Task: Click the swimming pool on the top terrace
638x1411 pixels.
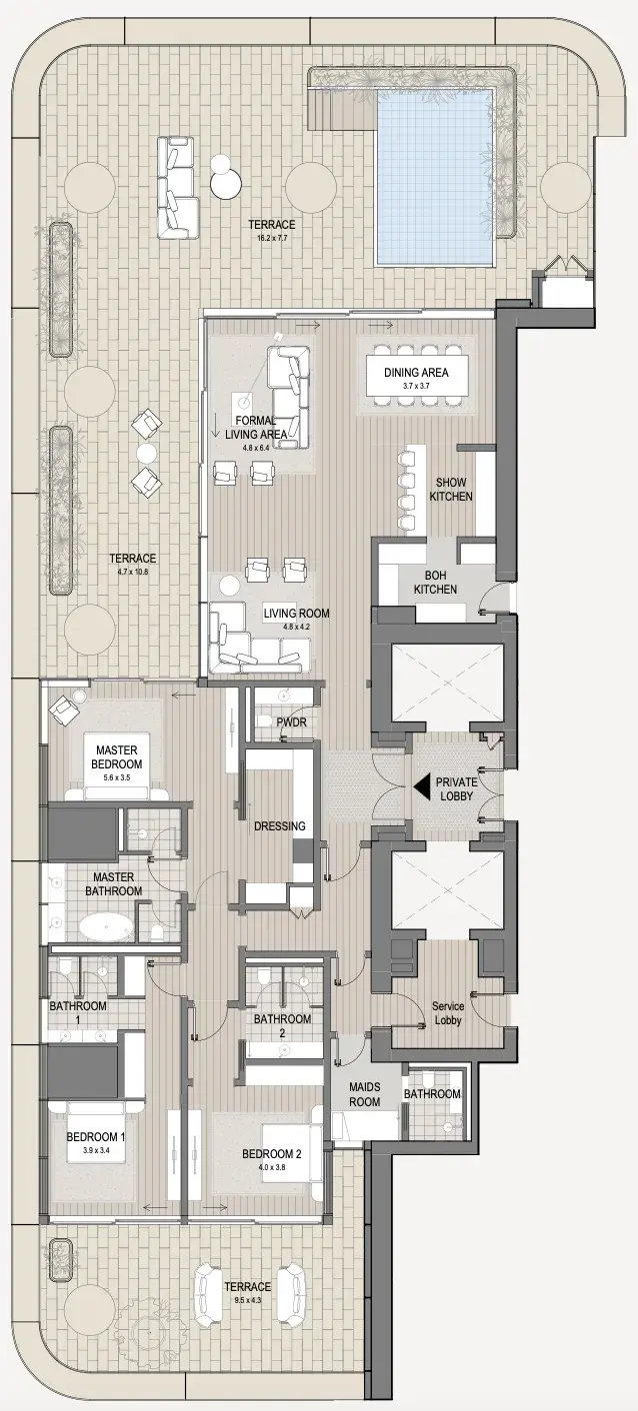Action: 434,177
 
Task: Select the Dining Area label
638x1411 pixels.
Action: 416,373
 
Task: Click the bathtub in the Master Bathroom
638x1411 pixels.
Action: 106,928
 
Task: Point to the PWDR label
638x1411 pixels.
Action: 291,721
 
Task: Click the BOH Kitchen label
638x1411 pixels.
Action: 436,582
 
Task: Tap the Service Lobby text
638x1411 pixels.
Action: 448,1013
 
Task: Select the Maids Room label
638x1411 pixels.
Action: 364,1094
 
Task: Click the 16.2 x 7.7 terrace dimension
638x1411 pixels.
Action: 272,238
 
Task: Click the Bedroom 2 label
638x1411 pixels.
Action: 272,1154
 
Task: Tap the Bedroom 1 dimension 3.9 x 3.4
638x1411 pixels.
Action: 96,1149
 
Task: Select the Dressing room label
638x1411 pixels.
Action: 279,825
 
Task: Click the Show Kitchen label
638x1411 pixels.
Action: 451,490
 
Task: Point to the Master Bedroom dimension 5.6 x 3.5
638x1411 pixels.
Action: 116,777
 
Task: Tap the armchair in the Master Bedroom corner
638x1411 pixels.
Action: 64,708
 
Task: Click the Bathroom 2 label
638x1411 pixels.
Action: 282,1025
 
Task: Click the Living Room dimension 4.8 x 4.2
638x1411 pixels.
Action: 296,627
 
